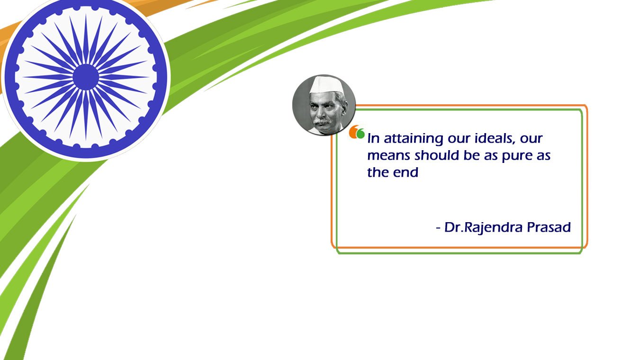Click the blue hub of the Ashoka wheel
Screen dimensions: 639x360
pos(86,77)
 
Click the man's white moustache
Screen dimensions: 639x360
pos(322,122)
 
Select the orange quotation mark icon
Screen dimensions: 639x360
pos(354,132)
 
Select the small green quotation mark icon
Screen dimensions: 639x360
pos(361,134)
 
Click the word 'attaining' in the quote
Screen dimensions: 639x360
pos(414,139)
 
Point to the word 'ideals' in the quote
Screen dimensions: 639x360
pos(495,138)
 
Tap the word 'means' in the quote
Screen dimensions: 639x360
pos(389,156)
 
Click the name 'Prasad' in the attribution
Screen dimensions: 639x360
pos(549,227)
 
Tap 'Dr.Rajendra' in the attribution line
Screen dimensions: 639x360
pos(484,228)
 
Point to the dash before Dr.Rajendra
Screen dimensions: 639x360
pos(439,228)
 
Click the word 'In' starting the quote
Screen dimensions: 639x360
pos(373,138)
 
